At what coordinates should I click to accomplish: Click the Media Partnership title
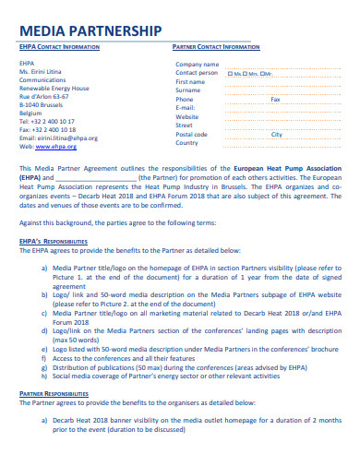[x=90, y=30]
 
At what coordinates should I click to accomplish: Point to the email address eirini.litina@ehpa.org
[x=58, y=137]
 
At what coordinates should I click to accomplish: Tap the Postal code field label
[x=191, y=134]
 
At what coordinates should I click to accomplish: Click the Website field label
[x=187, y=116]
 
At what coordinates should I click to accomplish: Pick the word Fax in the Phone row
[x=274, y=99]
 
